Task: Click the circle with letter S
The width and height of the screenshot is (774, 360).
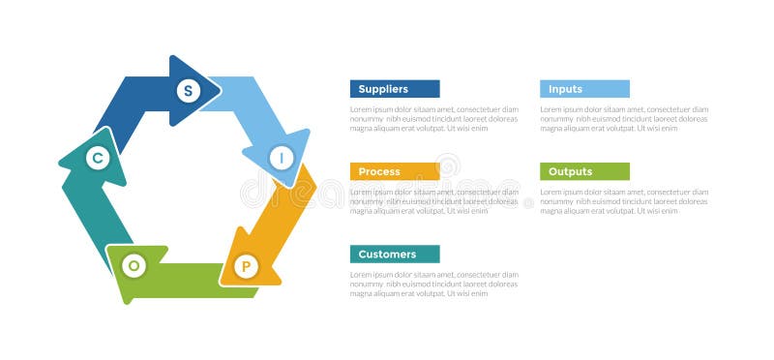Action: pos(188,91)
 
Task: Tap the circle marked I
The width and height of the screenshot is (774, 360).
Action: pos(282,156)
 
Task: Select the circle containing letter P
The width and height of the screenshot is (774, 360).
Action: pos(246,265)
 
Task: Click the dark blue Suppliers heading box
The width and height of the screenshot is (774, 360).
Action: pos(395,89)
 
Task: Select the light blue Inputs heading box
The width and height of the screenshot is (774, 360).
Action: pos(584,89)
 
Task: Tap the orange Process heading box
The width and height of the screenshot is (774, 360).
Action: pos(395,171)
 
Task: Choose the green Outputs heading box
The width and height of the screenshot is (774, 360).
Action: pos(584,171)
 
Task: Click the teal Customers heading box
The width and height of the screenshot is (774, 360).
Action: pos(395,255)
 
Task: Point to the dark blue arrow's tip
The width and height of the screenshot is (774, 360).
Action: pos(219,91)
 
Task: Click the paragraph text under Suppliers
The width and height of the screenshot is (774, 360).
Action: pos(433,119)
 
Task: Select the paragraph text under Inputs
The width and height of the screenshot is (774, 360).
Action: pos(624,119)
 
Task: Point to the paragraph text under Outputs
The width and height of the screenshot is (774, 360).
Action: pos(624,201)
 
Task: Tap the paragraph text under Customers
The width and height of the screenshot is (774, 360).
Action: pos(433,284)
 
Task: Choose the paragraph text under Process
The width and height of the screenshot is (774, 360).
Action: pos(433,201)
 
